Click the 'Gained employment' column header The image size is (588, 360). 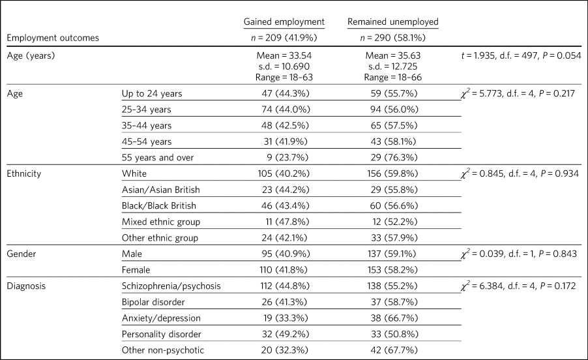pyautogui.click(x=284, y=22)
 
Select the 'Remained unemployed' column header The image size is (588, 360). pyautogui.click(x=392, y=22)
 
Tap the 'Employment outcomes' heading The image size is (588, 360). pyautogui.click(x=53, y=38)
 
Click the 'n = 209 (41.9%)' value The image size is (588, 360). pyautogui.click(x=284, y=38)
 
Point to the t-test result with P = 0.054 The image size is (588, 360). pyautogui.click(x=522, y=55)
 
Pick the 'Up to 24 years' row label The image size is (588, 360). pyautogui.click(x=152, y=93)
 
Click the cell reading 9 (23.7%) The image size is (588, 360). pyautogui.click(x=287, y=158)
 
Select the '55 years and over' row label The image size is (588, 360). pyautogui.click(x=158, y=158)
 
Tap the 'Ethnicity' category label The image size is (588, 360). pyautogui.click(x=24, y=173)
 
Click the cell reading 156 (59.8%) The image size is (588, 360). pyautogui.click(x=392, y=173)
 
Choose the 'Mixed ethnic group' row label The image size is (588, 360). pyautogui.click(x=161, y=222)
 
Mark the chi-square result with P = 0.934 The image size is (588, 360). pyautogui.click(x=520, y=173)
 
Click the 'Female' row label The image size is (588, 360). pyautogui.click(x=136, y=270)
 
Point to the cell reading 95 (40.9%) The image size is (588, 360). pyautogui.click(x=286, y=254)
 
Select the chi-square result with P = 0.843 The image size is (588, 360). pyautogui.click(x=519, y=254)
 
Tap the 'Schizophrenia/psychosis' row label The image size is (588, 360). pyautogui.click(x=171, y=286)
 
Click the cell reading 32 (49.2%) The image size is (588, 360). pyautogui.click(x=286, y=334)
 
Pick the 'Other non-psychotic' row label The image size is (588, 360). pyautogui.click(x=163, y=350)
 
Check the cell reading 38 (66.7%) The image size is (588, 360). pyautogui.click(x=394, y=318)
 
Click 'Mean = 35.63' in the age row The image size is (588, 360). pyautogui.click(x=393, y=55)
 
